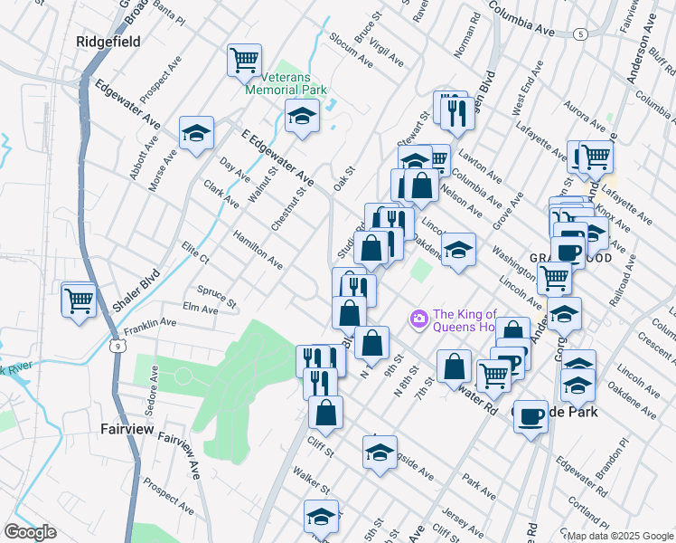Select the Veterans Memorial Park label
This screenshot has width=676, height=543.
[286, 84]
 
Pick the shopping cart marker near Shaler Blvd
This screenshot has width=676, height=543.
[79, 298]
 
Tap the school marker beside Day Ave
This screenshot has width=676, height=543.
[196, 134]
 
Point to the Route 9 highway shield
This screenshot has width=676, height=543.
[117, 345]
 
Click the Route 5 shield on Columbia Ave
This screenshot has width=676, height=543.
[579, 33]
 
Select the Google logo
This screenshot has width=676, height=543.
[29, 532]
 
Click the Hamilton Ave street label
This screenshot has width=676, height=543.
[258, 248]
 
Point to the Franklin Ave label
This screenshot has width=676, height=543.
[150, 323]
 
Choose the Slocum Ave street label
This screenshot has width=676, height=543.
[352, 54]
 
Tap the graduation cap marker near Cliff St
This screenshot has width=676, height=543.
[380, 450]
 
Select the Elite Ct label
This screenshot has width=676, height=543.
[195, 252]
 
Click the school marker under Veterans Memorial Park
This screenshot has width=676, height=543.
[302, 115]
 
